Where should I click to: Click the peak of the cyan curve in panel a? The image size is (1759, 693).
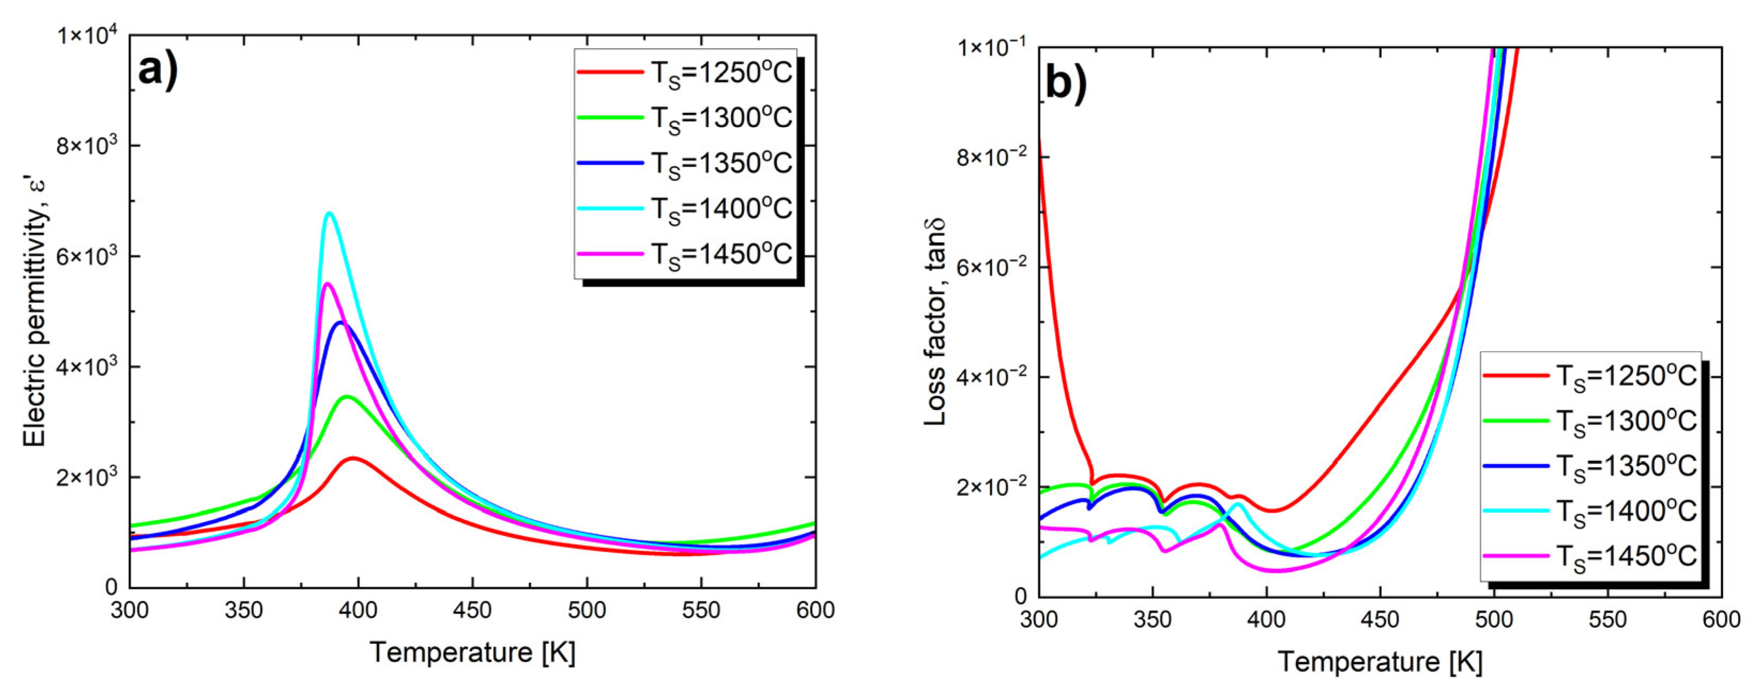(330, 213)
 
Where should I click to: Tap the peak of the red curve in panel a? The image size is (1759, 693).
(353, 458)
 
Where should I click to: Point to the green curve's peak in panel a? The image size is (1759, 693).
(347, 396)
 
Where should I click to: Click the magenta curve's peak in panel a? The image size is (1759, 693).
(327, 283)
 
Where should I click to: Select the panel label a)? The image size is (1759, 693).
(158, 70)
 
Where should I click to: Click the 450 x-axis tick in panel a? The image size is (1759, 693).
(472, 610)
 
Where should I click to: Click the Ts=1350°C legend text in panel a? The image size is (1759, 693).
(721, 163)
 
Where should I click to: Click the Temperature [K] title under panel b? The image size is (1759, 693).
(1379, 661)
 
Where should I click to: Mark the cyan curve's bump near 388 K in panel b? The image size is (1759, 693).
(1237, 504)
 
